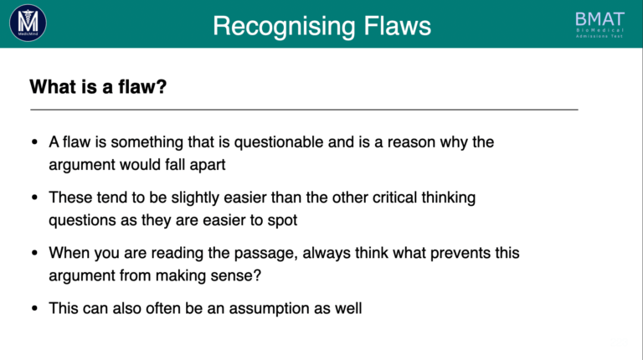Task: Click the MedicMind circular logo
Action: point(28,23)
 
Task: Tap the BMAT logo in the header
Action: point(599,24)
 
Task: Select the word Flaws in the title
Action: point(398,26)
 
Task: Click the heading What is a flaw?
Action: point(98,87)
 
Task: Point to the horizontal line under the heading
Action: point(304,110)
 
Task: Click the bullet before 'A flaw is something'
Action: point(34,142)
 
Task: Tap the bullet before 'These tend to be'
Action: point(34,198)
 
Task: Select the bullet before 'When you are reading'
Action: point(34,253)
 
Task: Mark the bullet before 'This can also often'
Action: point(34,308)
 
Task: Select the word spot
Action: point(282,220)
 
